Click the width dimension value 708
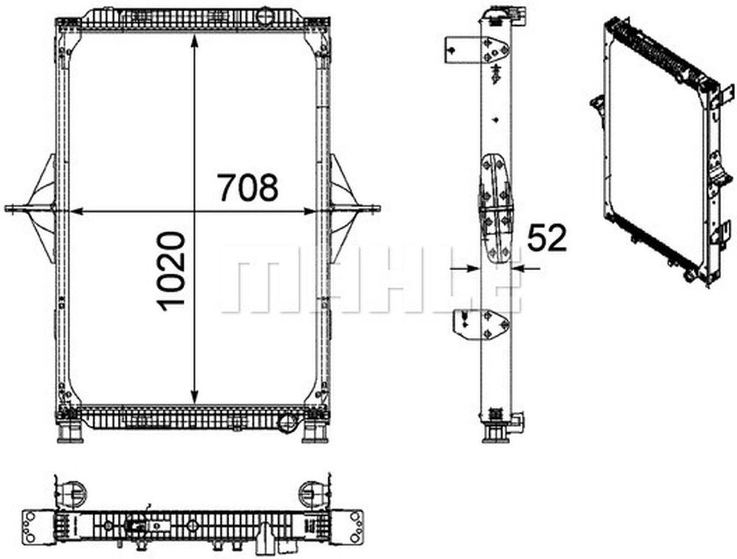pyautogui.click(x=248, y=187)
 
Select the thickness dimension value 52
pyautogui.click(x=547, y=238)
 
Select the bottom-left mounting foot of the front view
pyautogui.click(x=70, y=430)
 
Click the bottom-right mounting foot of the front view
pyautogui.click(x=314, y=430)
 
